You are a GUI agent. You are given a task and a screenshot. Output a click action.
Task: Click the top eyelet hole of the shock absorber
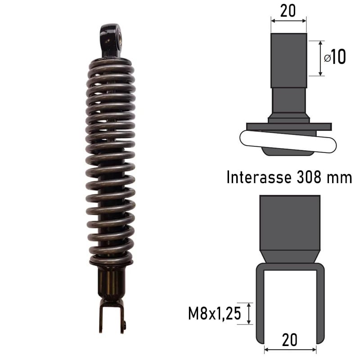point(119,37)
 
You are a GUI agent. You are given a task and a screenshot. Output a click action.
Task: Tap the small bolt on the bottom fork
point(125,324)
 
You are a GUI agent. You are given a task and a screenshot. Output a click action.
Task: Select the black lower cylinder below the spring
point(111,283)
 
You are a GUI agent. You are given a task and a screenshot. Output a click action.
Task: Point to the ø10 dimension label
point(335,57)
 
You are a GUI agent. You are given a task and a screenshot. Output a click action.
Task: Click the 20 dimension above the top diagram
point(288,10)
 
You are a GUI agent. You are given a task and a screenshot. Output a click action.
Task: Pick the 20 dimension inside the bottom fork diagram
point(289,340)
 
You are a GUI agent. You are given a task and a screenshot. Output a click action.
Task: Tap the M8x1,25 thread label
point(215,313)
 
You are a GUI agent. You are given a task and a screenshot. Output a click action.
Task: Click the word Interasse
point(259,177)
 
